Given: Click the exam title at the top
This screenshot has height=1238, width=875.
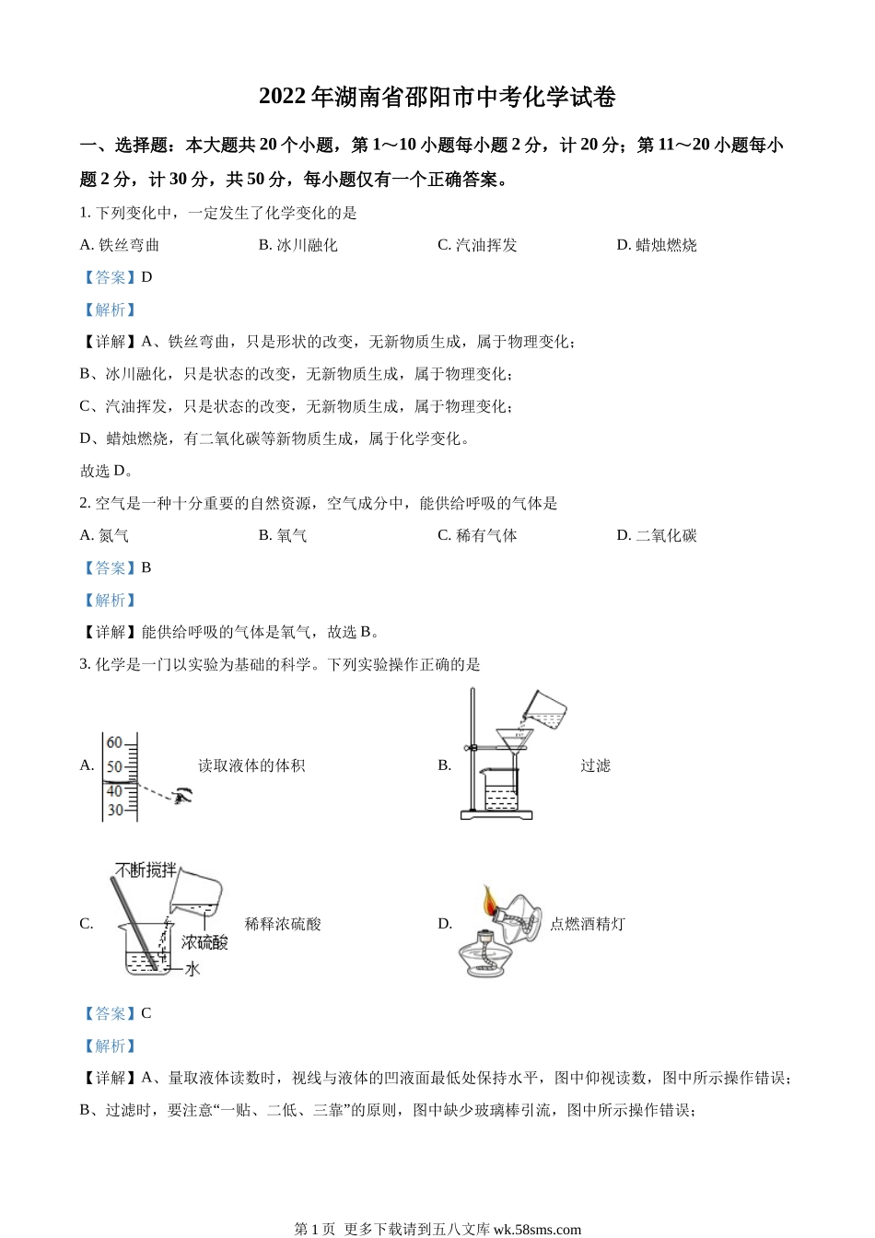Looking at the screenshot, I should (x=437, y=97).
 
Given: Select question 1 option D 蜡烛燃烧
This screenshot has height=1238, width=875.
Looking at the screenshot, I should (x=657, y=245).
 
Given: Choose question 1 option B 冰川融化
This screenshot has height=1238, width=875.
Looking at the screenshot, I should (x=298, y=245).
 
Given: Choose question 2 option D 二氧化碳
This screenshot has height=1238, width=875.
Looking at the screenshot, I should (x=657, y=535).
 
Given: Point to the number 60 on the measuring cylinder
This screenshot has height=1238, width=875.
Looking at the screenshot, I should (x=114, y=742).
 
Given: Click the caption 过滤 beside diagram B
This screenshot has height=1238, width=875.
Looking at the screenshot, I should (x=595, y=765).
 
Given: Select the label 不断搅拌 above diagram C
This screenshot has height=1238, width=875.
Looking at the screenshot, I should (x=145, y=870).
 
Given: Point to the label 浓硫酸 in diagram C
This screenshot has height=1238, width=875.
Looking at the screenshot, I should (x=204, y=942).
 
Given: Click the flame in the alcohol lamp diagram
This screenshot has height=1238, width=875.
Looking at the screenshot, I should (x=490, y=898).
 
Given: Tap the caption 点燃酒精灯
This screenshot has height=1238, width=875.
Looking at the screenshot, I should (x=588, y=924).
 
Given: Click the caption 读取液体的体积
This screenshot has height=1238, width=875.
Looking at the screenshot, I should (x=251, y=765).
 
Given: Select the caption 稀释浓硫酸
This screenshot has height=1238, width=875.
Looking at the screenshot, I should (x=283, y=924).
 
